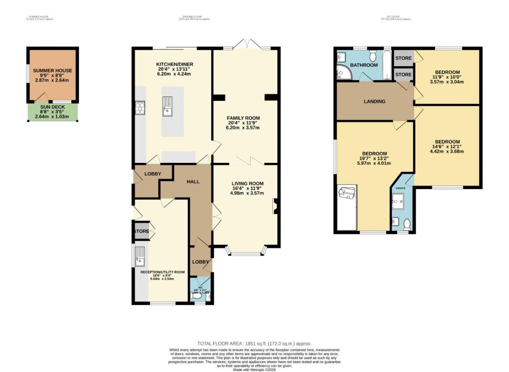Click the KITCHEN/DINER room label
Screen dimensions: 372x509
(x=175, y=64)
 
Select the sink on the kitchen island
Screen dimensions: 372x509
(x=167, y=107)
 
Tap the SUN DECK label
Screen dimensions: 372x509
(x=52, y=107)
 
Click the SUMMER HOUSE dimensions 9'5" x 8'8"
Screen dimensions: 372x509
(x=52, y=75)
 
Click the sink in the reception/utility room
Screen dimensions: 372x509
(x=140, y=256)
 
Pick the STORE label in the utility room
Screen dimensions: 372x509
(x=141, y=231)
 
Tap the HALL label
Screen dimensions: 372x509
(x=193, y=182)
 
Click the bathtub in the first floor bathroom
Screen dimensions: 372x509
(x=387, y=66)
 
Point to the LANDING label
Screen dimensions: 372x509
(x=374, y=102)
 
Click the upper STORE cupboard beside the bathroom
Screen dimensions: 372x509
(x=403, y=58)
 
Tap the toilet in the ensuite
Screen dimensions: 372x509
(x=407, y=225)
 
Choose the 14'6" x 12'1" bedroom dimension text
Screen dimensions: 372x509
(x=447, y=147)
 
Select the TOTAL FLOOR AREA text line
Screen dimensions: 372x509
(x=254, y=344)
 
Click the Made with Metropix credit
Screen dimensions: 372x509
(x=254, y=370)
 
